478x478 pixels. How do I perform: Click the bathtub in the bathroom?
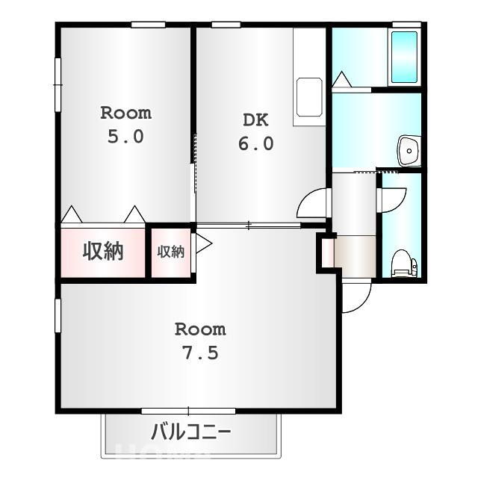point(404,58)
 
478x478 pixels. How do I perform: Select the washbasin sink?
point(409,152)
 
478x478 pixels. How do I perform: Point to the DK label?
point(255,120)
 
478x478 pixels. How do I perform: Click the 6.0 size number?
point(255,143)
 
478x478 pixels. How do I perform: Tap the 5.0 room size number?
point(125,137)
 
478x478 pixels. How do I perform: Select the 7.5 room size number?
point(200,353)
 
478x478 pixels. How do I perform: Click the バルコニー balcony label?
point(191,432)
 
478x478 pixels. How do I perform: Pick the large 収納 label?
point(102,252)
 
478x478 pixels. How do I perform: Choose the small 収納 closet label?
point(170,252)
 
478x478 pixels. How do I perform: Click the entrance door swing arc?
point(357,296)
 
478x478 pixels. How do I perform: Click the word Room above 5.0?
point(125,114)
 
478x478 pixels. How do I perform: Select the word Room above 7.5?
point(200,329)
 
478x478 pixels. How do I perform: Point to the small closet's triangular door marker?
point(203,243)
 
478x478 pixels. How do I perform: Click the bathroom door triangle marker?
point(341,80)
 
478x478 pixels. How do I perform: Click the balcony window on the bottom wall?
point(188,411)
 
